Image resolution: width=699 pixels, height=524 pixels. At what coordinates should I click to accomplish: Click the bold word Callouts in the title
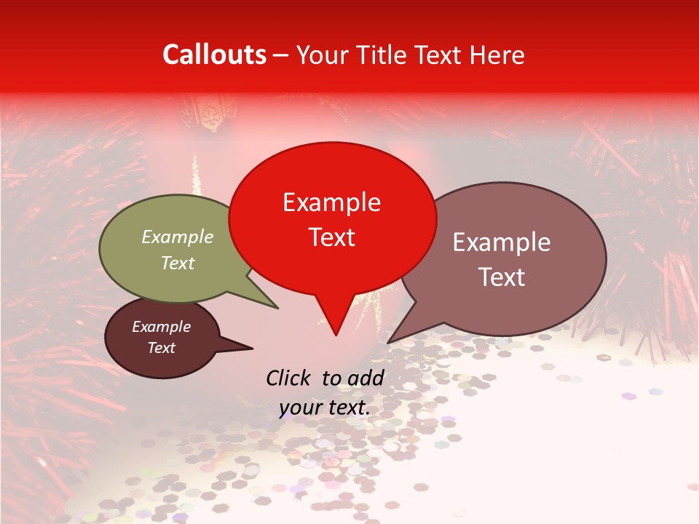(214, 55)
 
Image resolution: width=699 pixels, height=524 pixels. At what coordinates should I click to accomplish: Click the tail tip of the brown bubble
(387, 342)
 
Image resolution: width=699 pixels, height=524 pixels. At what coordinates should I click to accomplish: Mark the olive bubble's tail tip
(277, 308)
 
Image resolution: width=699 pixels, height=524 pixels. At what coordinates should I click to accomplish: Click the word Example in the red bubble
(331, 202)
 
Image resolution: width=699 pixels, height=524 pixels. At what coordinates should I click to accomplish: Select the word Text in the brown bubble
(502, 277)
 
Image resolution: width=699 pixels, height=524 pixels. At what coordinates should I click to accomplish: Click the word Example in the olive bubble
(178, 237)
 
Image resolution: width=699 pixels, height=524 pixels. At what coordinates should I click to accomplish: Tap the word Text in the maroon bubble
(162, 348)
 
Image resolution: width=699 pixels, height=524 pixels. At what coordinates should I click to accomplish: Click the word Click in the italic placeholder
(289, 378)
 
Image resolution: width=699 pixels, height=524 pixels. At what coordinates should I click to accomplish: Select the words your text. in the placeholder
(325, 408)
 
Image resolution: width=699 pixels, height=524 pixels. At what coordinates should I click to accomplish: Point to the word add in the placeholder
(366, 378)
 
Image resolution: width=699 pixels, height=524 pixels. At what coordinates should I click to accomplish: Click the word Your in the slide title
(321, 55)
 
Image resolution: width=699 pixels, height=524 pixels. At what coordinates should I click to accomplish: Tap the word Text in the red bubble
(331, 237)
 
